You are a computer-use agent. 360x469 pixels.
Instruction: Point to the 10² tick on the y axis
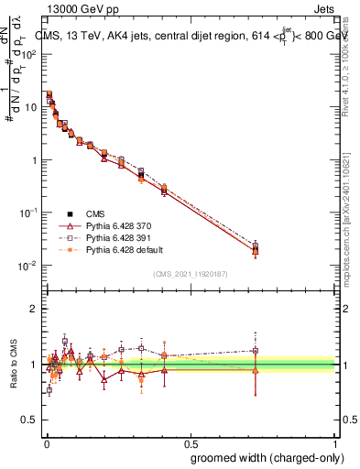(x=44, y=54)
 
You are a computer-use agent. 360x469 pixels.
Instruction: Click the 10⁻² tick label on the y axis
(x=30, y=266)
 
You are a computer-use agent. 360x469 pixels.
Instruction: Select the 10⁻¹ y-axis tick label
(x=30, y=213)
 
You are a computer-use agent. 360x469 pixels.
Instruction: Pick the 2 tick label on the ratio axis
(x=35, y=309)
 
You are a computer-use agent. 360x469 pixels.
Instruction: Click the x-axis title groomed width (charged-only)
(x=267, y=457)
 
